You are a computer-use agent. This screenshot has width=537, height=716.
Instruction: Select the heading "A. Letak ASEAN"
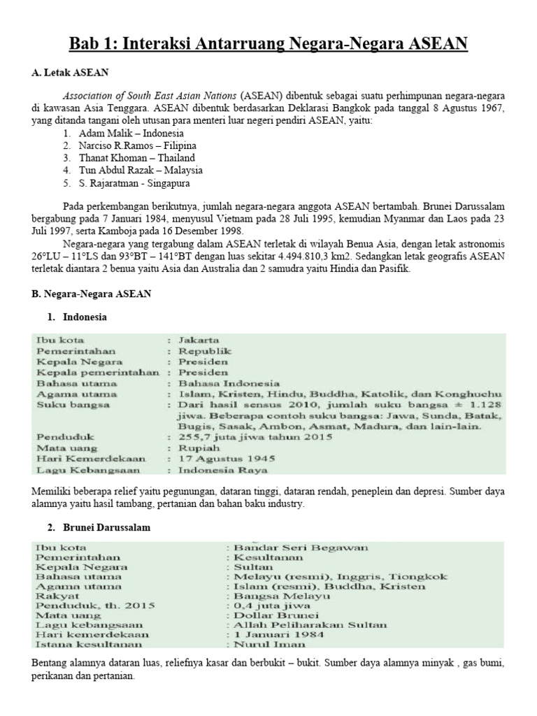(x=71, y=72)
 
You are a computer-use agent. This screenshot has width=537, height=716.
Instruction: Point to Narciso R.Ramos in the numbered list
(x=113, y=145)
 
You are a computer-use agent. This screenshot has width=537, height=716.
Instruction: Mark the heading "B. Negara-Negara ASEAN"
(x=91, y=294)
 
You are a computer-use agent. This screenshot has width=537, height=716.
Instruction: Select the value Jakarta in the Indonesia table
(x=199, y=340)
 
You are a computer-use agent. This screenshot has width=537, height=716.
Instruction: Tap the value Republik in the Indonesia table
(x=205, y=351)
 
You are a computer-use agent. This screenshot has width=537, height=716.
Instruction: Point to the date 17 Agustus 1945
(x=227, y=459)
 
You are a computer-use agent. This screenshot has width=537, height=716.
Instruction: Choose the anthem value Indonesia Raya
(x=218, y=471)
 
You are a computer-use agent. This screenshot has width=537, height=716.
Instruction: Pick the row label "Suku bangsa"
(x=66, y=405)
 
